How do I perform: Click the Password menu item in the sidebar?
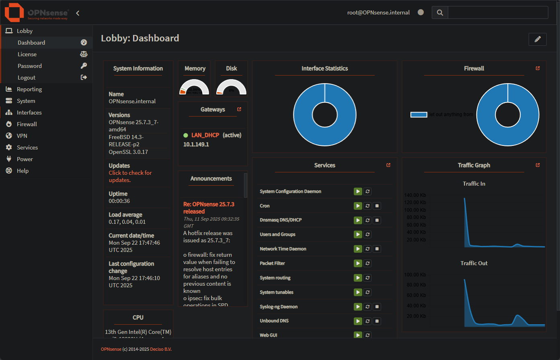tap(30, 66)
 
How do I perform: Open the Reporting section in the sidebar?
tap(29, 89)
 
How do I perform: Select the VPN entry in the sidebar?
tap(22, 136)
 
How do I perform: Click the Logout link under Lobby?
tap(27, 78)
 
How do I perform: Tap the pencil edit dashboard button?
tap(537, 39)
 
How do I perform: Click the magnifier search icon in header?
tap(440, 12)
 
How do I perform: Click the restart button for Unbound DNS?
tap(367, 321)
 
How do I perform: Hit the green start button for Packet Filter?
tap(358, 263)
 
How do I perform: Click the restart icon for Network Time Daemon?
tap(367, 249)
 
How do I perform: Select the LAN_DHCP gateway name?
tap(205, 135)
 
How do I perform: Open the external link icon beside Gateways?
tap(239, 109)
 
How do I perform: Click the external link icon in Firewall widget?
tap(538, 68)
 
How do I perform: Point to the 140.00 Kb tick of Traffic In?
tap(415, 195)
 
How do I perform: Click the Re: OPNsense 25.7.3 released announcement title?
tap(209, 208)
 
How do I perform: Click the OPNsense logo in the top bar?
tap(37, 12)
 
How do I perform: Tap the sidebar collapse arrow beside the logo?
tap(78, 13)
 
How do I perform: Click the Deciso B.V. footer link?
tap(161, 349)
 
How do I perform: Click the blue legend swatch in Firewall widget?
tap(418, 115)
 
